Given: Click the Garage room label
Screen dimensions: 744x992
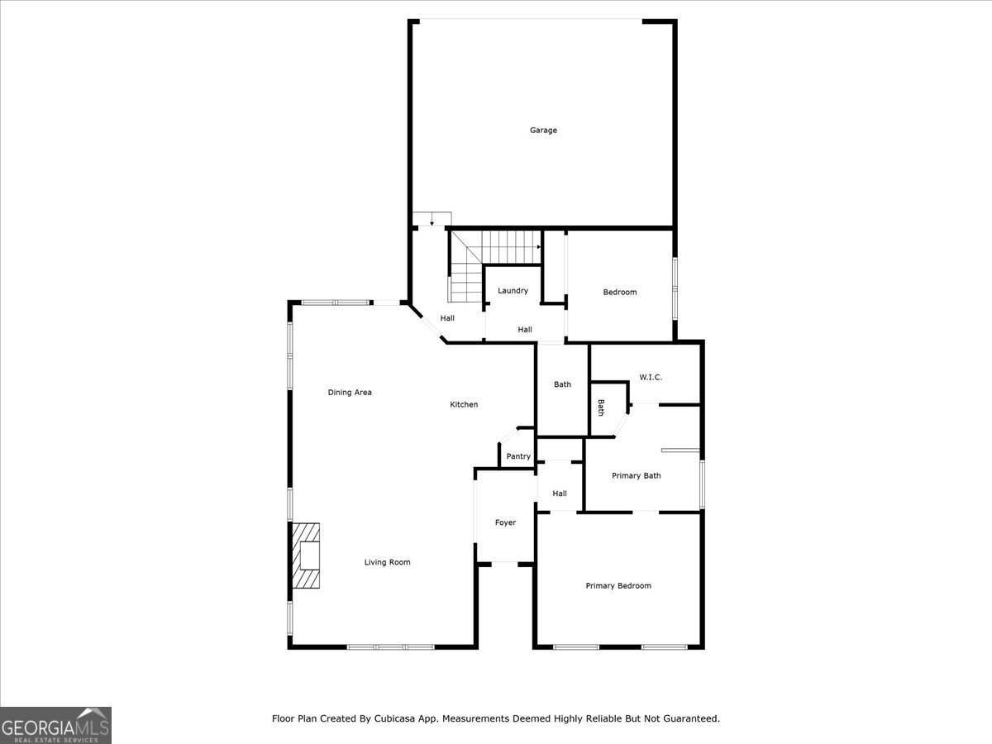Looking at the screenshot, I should click(543, 130).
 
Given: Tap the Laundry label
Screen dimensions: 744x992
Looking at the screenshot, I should click(513, 291).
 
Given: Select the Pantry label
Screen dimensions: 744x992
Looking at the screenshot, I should click(518, 456).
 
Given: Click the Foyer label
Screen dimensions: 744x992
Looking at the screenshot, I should click(505, 522).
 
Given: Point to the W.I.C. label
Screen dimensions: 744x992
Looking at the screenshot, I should click(651, 377).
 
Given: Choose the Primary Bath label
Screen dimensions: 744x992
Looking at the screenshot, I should click(636, 475).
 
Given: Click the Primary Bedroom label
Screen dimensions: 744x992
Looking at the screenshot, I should click(618, 586).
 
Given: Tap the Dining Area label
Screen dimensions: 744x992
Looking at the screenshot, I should click(350, 393).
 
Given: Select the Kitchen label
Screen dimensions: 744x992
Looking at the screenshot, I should click(464, 404).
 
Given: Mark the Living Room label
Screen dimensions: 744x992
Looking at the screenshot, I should click(387, 562).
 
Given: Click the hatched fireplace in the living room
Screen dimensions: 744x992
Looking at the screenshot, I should click(305, 556).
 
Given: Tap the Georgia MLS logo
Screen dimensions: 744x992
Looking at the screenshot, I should click(55, 725).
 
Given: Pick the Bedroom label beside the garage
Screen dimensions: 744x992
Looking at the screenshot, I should click(619, 292).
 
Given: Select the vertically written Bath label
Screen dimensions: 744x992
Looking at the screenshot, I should click(601, 408).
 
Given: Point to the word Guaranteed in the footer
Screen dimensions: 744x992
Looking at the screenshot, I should click(690, 718).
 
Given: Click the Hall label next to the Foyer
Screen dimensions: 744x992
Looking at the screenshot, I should click(560, 494).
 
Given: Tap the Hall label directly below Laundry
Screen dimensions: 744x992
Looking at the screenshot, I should click(525, 330).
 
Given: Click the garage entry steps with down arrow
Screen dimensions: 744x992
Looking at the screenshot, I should click(432, 220).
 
